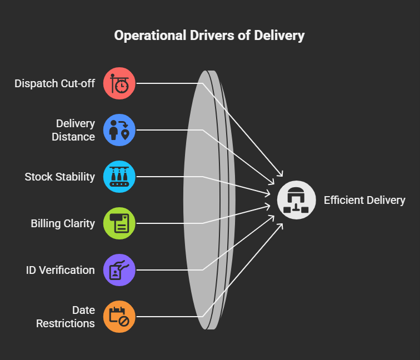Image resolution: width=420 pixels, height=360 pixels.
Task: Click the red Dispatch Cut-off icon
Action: click(119, 83)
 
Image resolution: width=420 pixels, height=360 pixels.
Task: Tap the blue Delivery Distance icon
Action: click(119, 130)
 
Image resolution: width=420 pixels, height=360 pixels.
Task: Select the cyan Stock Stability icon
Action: click(119, 177)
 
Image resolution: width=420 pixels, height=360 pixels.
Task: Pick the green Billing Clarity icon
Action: click(119, 223)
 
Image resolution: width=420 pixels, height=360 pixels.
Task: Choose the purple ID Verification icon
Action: click(119, 270)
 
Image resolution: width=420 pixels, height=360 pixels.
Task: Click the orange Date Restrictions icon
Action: click(119, 317)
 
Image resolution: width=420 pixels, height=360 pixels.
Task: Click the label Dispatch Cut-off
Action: click(54, 83)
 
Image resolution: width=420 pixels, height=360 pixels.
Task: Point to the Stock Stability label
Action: click(59, 177)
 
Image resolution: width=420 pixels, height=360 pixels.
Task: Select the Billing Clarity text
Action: click(63, 223)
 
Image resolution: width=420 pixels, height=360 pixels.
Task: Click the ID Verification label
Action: click(60, 270)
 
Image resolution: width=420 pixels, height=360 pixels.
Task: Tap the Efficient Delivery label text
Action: click(364, 200)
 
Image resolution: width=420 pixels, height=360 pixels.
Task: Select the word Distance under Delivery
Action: click(73, 137)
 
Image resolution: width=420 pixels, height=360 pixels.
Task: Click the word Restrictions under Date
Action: click(66, 323)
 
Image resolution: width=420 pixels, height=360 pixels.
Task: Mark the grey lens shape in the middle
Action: click(203, 200)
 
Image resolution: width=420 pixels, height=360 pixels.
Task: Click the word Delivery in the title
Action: click(279, 36)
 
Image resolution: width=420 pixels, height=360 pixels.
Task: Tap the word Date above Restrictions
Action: click(83, 310)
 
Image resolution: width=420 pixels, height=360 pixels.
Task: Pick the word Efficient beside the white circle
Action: click(344, 200)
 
